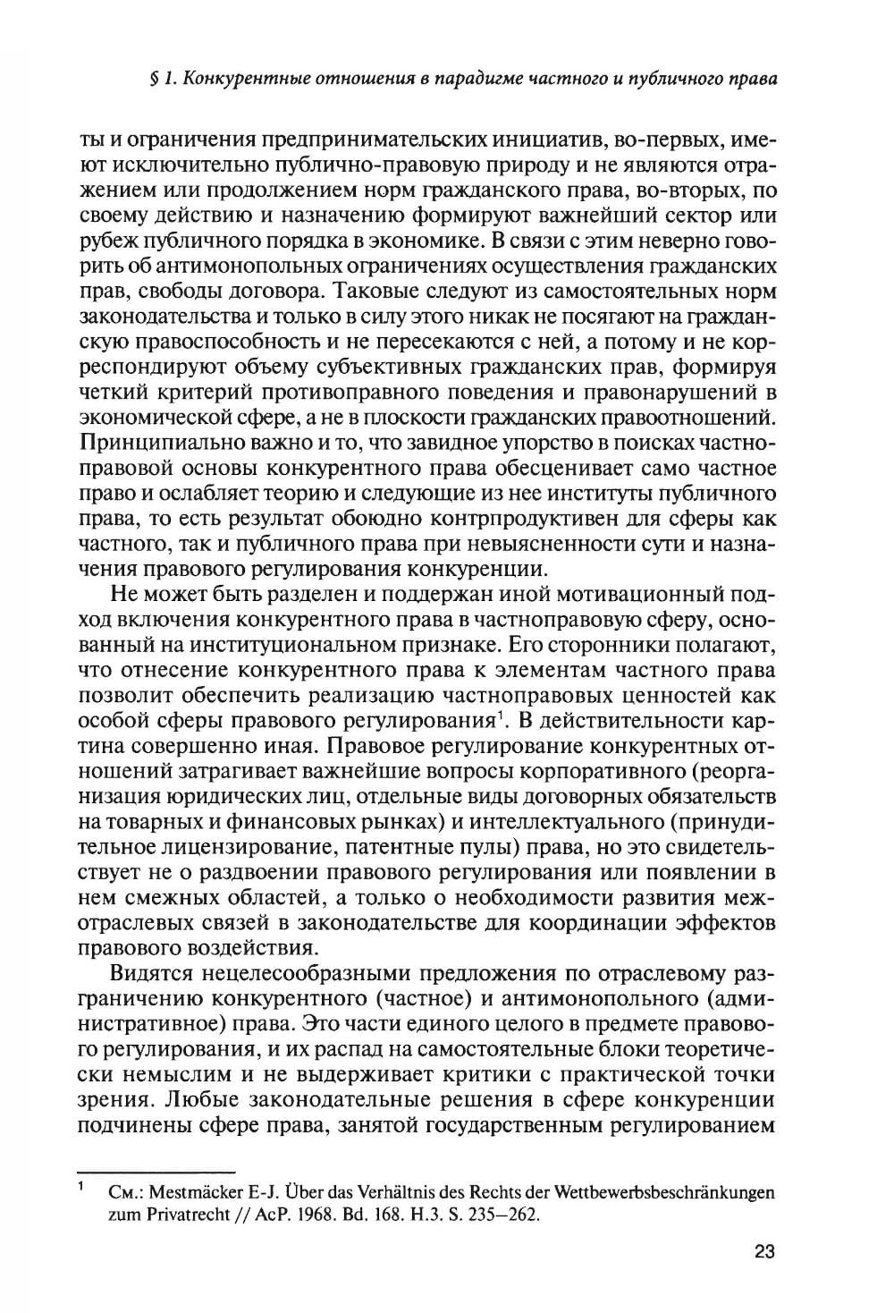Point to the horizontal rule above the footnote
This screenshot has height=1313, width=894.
[156, 1169]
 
